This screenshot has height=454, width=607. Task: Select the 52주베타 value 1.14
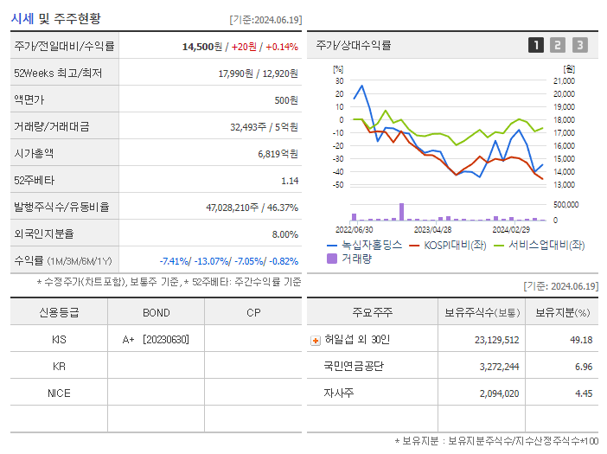point(290,180)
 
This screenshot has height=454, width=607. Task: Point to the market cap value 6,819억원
point(278,153)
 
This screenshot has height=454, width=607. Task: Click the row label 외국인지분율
point(44,233)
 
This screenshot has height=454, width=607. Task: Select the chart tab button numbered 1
point(536,45)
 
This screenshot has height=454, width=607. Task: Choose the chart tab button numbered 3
point(579,45)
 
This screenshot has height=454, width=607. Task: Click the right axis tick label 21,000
point(563,80)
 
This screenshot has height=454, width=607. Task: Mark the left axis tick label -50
point(338,184)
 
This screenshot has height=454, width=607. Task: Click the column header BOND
point(156,312)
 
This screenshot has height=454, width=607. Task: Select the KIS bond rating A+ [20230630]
point(156,339)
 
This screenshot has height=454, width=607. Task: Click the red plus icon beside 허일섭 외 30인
point(315,340)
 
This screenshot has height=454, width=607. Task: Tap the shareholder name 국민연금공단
point(354,366)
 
